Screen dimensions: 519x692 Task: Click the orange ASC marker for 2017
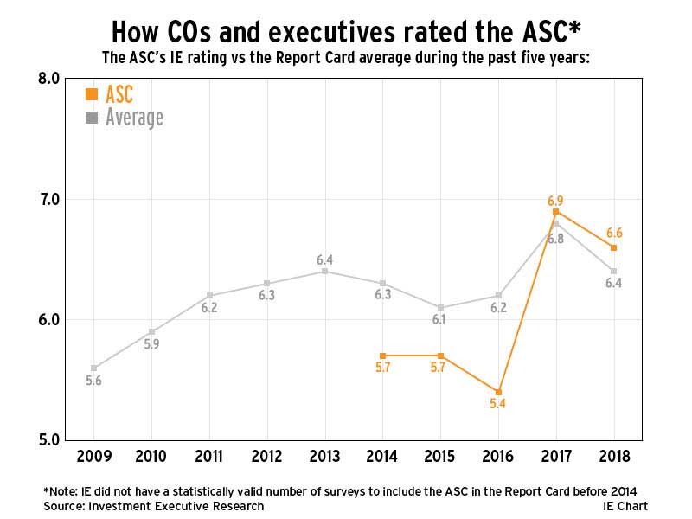pyautogui.click(x=555, y=211)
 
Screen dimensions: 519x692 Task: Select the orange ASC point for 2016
pyautogui.click(x=498, y=392)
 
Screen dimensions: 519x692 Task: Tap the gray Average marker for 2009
pyautogui.click(x=94, y=368)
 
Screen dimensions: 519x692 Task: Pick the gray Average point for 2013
pyautogui.click(x=324, y=271)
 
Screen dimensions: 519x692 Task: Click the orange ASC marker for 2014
pyautogui.click(x=382, y=356)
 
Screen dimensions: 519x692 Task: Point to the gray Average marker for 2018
pyautogui.click(x=613, y=271)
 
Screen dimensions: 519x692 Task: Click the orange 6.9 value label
pyautogui.click(x=555, y=201)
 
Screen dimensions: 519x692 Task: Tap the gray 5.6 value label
pyautogui.click(x=94, y=381)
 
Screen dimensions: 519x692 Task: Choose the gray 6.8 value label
pyautogui.click(x=555, y=239)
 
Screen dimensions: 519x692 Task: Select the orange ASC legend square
pyautogui.click(x=91, y=94)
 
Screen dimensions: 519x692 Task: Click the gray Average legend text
pyautogui.click(x=134, y=117)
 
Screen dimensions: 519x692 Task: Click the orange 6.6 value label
pyautogui.click(x=613, y=233)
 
